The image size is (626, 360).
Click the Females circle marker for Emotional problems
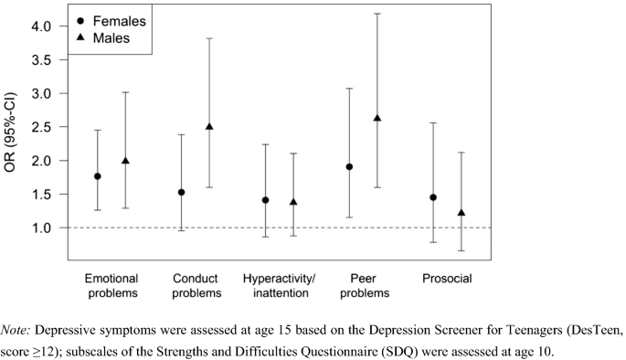(98, 176)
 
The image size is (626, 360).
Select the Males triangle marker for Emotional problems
(126, 161)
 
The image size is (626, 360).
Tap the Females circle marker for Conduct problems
(181, 192)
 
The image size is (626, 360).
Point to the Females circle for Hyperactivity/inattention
(265, 200)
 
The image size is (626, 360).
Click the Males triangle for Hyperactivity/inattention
(293, 202)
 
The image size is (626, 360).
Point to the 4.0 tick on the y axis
(49, 26)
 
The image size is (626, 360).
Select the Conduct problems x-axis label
(196, 284)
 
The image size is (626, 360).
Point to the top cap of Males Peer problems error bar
(377, 14)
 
